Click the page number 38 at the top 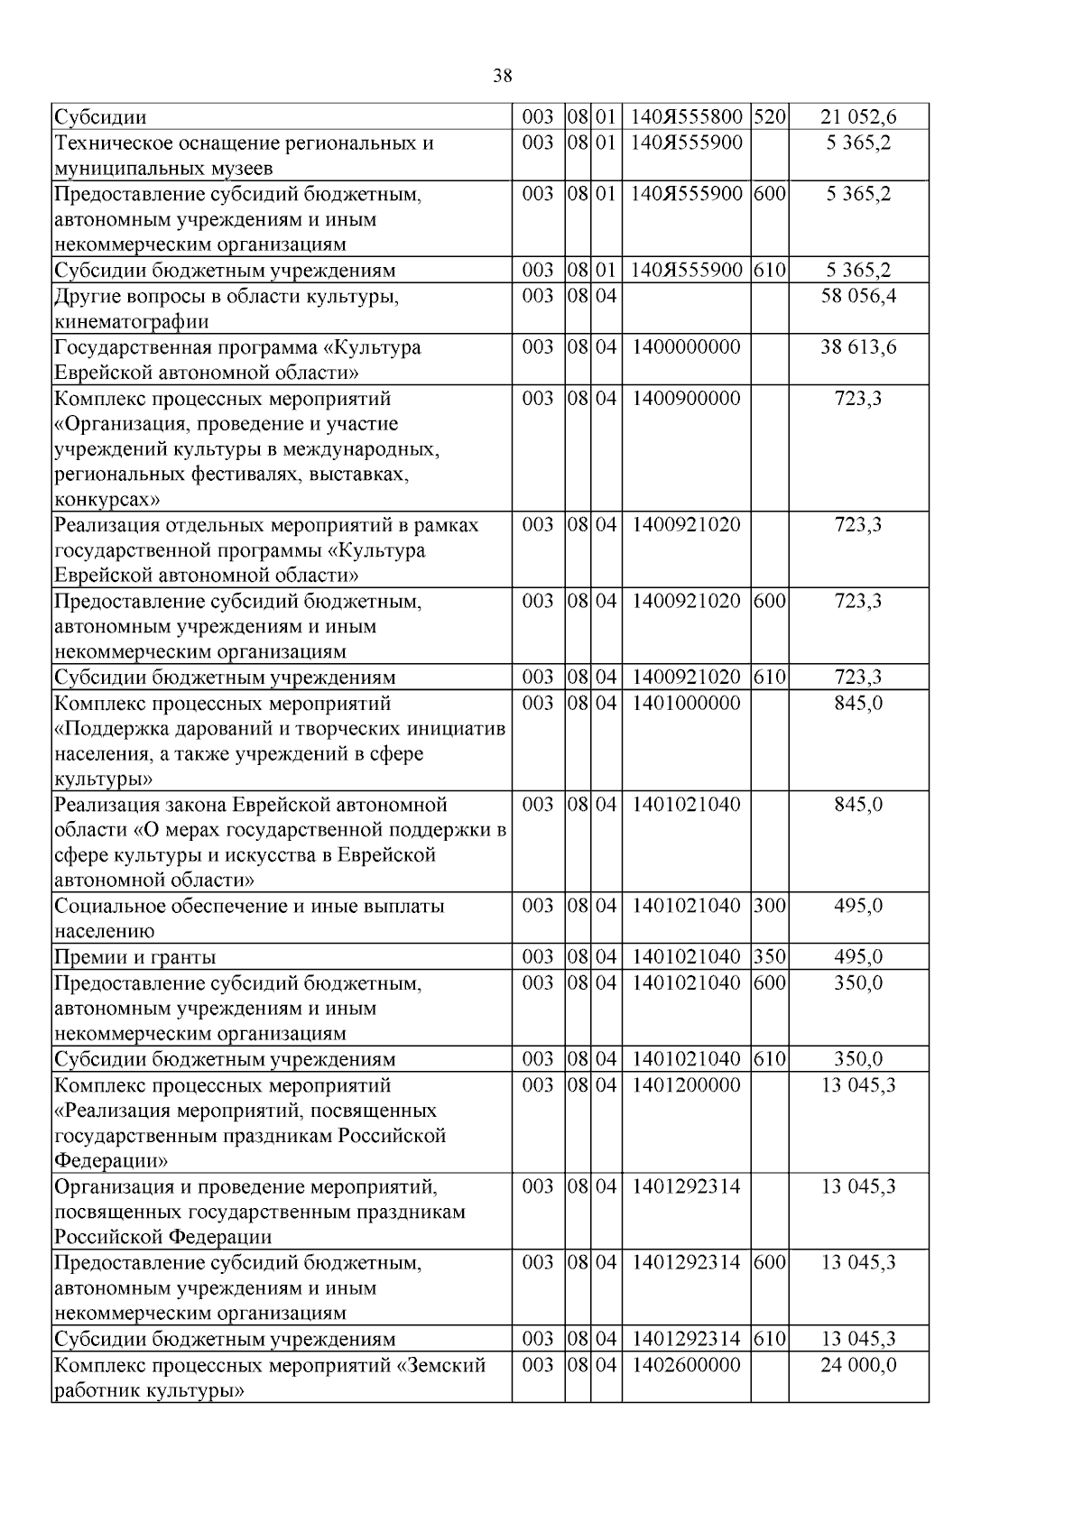pos(503,76)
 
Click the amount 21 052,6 pos(858,116)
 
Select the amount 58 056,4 pos(858,296)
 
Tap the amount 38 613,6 pos(858,347)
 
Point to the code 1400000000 pos(686,347)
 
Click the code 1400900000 pos(686,398)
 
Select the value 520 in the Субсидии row pos(770,116)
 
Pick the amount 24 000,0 pos(858,1365)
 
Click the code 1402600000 pos(686,1365)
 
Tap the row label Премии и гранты pos(135,957)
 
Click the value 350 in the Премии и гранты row pos(770,957)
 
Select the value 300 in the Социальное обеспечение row pos(770,906)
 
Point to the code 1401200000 pos(686,1085)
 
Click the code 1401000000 pos(686,703)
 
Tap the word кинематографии pos(131,322)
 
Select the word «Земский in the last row pos(441,1365)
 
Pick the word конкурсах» pos(107,500)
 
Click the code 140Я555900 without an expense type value pos(686,143)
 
